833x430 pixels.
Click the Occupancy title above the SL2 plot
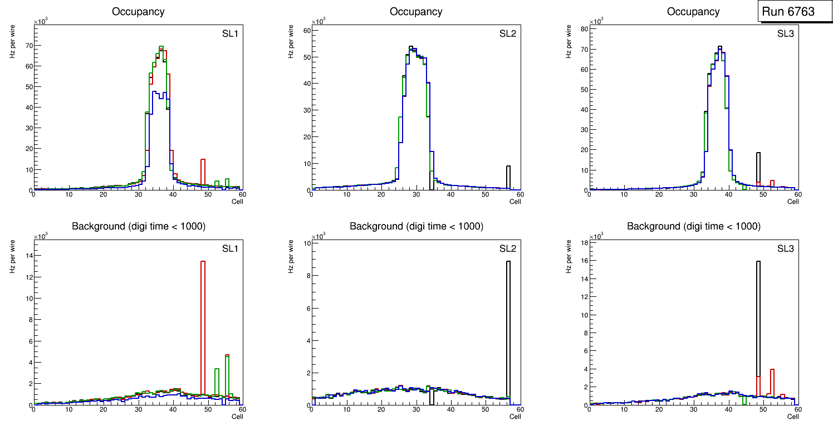(x=416, y=12)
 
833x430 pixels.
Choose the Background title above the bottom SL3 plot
(x=693, y=227)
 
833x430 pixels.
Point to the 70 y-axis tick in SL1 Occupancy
(x=29, y=46)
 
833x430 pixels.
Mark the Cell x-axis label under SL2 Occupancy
(x=515, y=202)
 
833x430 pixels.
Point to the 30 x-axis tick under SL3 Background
(x=693, y=410)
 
